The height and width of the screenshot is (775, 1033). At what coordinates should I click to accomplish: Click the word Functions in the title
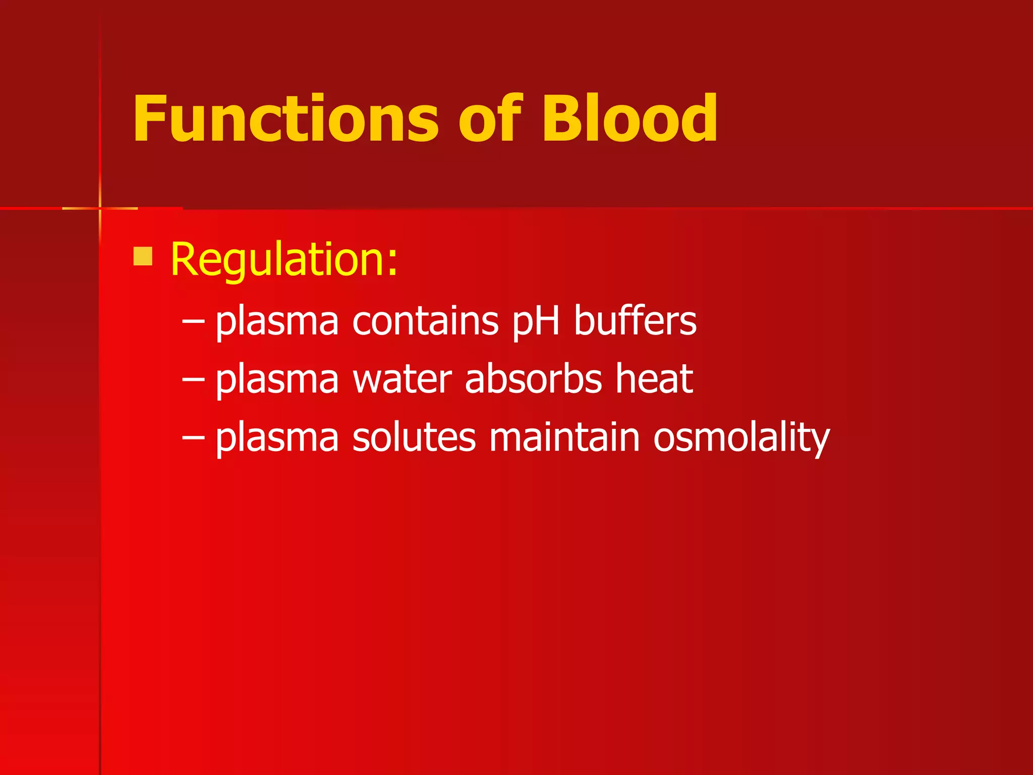tap(285, 119)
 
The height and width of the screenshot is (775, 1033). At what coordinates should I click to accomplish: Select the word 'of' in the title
tap(490, 119)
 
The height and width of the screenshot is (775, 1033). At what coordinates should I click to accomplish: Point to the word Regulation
tap(284, 260)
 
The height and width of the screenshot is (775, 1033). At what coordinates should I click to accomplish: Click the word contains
tap(425, 321)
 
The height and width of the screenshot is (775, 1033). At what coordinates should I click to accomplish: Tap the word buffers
tap(635, 321)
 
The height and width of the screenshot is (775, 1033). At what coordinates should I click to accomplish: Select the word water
tap(402, 379)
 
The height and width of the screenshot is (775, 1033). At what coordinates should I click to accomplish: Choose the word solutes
tap(414, 437)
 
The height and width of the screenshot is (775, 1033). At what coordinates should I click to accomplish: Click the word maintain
tap(564, 437)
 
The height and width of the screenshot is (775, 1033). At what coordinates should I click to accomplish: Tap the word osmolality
tap(741, 438)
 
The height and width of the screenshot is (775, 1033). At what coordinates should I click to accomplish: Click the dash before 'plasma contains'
tap(193, 322)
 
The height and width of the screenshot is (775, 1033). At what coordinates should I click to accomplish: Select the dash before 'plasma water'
tap(193, 379)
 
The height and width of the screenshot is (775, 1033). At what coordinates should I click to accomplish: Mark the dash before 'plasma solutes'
tap(193, 437)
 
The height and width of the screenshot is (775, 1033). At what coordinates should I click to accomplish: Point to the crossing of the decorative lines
tap(100, 208)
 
